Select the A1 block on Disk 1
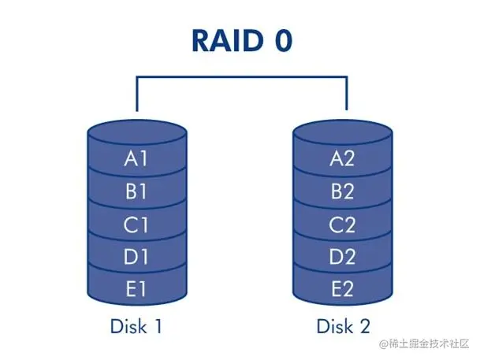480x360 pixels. [137, 158]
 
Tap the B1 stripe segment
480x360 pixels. [137, 191]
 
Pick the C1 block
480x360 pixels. [137, 225]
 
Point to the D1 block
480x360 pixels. [137, 257]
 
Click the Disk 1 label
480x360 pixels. [137, 325]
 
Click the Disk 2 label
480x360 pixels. [344, 325]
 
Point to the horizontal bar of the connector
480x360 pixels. [241, 77]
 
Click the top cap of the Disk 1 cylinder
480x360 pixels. [137, 130]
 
